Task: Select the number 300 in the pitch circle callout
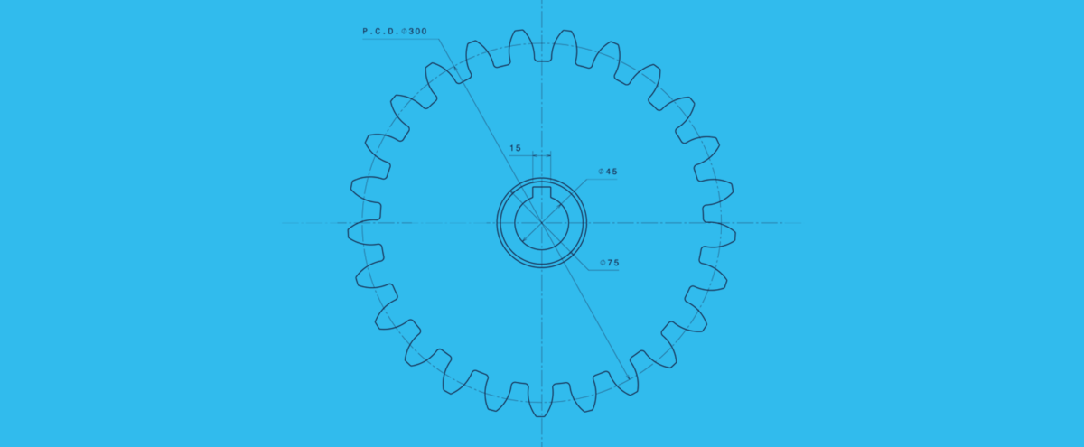(x=417, y=32)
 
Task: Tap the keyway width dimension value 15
(x=515, y=147)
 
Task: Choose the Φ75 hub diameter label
(x=612, y=264)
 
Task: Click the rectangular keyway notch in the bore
(x=542, y=192)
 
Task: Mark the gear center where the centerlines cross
(x=542, y=222)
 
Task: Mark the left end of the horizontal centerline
(x=283, y=222)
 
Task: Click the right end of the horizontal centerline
(x=800, y=222)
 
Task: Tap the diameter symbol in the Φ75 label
(x=602, y=264)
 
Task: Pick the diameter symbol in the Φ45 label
(x=602, y=171)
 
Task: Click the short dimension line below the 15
(x=541, y=155)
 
